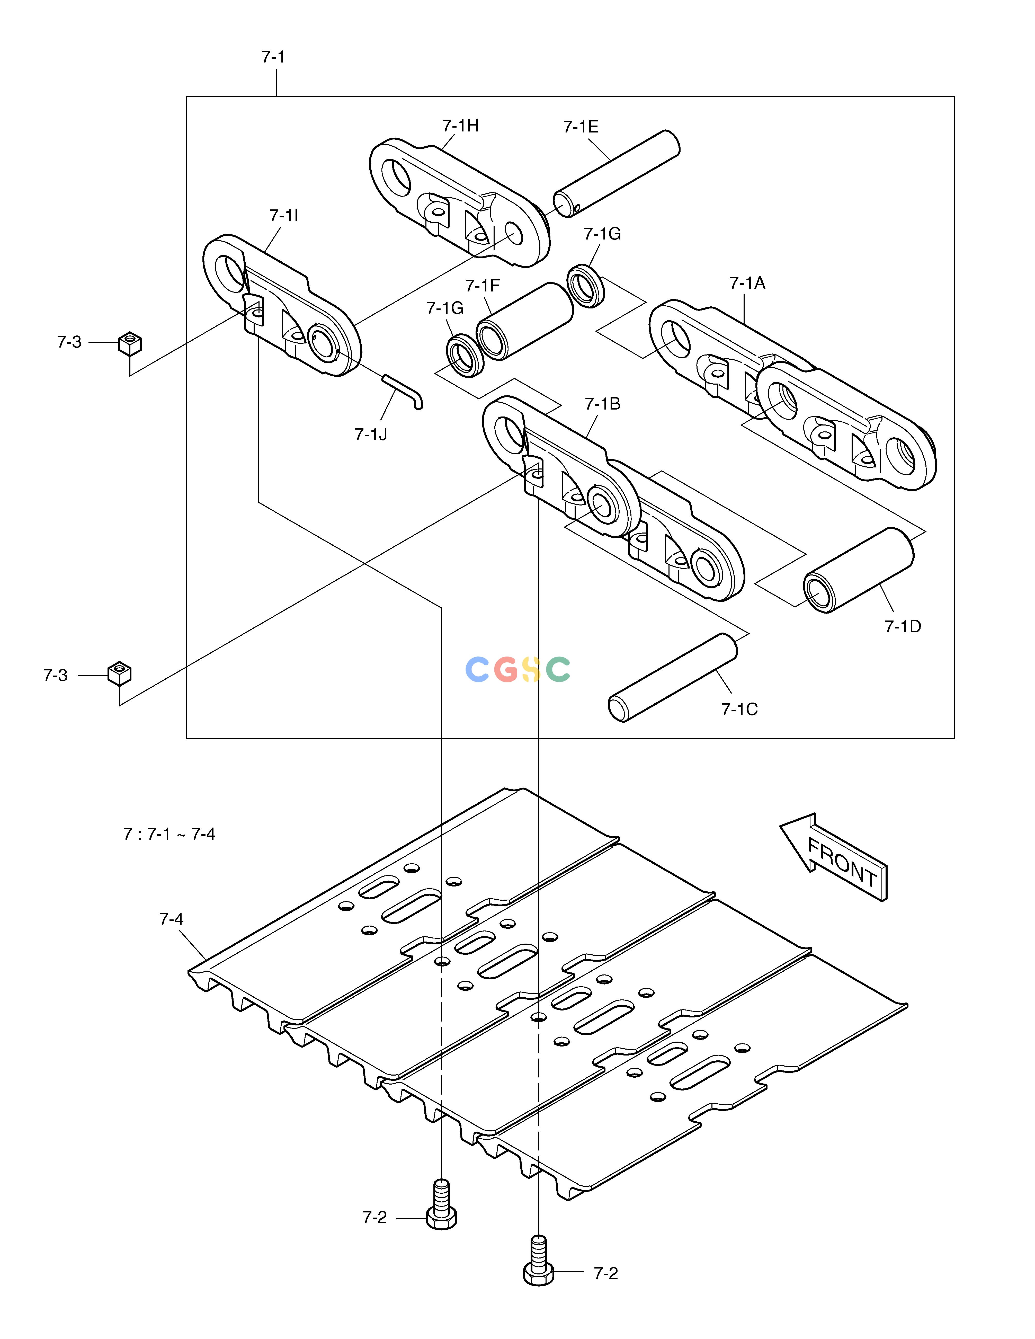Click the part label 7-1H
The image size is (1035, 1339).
pyautogui.click(x=460, y=126)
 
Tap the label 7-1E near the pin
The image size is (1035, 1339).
pyautogui.click(x=581, y=127)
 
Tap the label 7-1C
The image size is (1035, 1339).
pyautogui.click(x=739, y=709)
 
